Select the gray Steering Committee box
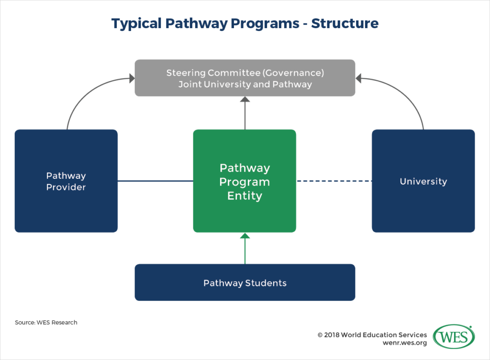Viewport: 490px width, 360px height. coord(245,78)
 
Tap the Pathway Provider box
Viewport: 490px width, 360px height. coord(66,181)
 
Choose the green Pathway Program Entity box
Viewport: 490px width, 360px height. coord(245,181)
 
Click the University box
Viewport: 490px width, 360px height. coord(423,181)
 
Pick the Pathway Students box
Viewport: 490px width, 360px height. coord(245,283)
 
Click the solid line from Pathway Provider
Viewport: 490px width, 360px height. coord(155,181)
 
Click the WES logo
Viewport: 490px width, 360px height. coord(454,337)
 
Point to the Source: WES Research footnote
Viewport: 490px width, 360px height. coord(46,323)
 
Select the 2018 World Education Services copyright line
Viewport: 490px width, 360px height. coord(372,335)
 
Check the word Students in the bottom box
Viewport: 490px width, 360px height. coord(266,283)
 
